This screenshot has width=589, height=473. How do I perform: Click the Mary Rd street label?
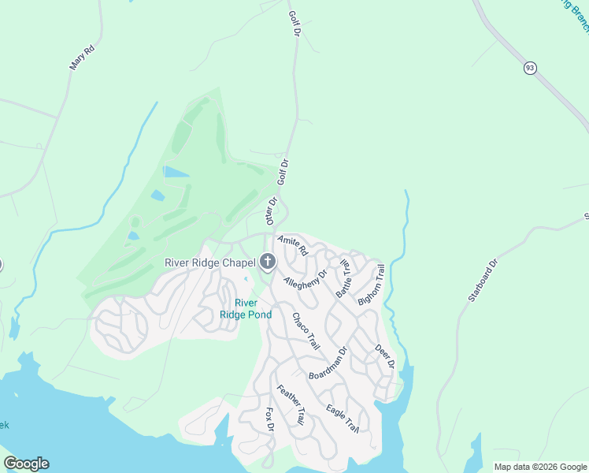(x=82, y=58)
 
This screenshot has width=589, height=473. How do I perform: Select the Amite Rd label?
(x=291, y=246)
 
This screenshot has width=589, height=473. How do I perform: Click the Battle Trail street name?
(x=343, y=277)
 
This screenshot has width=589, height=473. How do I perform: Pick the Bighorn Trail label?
(x=371, y=285)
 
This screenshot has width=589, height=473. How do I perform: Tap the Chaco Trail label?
(x=306, y=331)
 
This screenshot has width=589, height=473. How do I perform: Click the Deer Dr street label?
(x=384, y=356)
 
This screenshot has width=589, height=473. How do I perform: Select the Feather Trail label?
(x=291, y=405)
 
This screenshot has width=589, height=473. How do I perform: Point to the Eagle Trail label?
(x=343, y=419)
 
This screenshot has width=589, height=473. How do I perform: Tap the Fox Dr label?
(x=269, y=419)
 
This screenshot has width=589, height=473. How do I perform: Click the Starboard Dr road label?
(x=483, y=281)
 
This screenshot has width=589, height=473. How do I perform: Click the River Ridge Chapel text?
(x=209, y=263)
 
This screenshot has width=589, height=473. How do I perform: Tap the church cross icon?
(x=268, y=262)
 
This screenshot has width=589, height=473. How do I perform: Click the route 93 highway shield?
(x=530, y=69)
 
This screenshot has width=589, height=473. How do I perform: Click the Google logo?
(x=26, y=464)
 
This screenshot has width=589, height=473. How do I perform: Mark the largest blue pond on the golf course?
(x=176, y=171)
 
